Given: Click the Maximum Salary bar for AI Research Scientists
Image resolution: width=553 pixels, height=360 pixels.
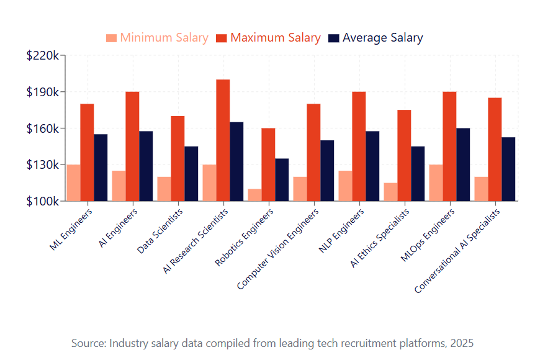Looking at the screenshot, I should [223, 140].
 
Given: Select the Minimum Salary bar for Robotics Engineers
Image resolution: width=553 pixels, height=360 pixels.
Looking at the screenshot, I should [254, 195].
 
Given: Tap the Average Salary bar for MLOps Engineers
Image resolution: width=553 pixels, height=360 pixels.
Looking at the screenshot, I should [463, 164].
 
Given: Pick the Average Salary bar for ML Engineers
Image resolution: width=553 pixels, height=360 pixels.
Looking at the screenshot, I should [101, 168].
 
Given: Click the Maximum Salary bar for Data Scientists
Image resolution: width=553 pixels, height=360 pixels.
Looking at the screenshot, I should [178, 158].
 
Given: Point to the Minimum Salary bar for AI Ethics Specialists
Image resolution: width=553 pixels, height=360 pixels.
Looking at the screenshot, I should [390, 192].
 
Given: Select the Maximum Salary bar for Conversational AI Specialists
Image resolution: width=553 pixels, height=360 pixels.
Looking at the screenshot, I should [495, 150].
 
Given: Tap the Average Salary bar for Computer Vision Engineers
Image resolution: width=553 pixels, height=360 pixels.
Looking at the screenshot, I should [327, 171].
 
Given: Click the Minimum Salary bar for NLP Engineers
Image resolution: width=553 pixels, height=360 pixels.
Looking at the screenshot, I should [345, 186].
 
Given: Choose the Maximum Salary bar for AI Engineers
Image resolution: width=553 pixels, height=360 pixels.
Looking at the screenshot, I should [132, 146].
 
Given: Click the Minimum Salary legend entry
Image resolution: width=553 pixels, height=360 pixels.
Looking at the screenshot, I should [164, 38].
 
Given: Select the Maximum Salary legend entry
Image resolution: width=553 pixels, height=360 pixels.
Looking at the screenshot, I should [275, 38].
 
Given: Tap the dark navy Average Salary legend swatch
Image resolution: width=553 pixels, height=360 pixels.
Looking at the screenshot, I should [334, 38].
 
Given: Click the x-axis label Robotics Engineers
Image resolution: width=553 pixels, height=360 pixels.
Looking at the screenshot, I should [245, 238].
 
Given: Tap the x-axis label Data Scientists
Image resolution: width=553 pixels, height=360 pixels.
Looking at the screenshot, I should [161, 233].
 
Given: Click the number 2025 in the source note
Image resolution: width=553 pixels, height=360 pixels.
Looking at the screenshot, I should [462, 343].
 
